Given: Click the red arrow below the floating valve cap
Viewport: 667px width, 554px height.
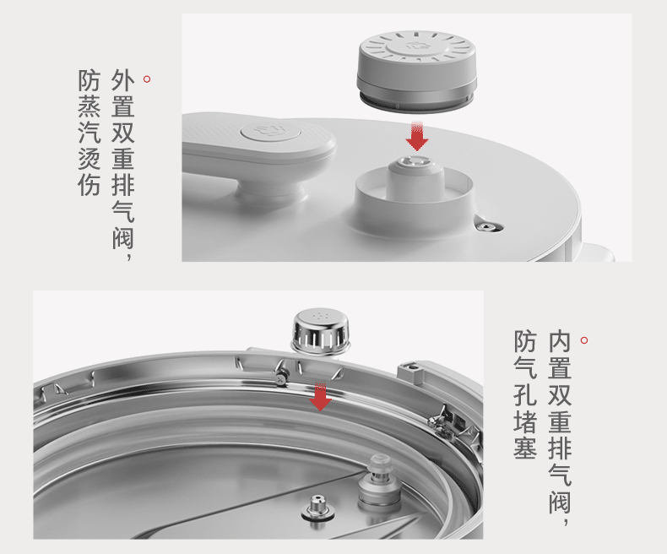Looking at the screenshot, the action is (x=417, y=136).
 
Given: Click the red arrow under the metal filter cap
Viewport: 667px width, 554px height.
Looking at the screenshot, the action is (x=320, y=397).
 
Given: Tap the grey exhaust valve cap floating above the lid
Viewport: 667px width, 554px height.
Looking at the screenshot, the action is (x=416, y=72).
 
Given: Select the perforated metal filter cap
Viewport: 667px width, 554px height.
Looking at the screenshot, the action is (x=321, y=331).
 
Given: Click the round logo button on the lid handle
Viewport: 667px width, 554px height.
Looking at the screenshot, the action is (x=271, y=131).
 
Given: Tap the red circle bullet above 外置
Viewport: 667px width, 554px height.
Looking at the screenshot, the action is (x=147, y=79).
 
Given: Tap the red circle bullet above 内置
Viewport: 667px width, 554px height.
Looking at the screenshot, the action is (x=584, y=340).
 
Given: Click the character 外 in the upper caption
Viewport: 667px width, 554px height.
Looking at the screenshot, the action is (x=123, y=80).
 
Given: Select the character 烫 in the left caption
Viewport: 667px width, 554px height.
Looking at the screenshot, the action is (x=89, y=159).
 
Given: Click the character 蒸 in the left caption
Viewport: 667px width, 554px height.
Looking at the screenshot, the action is (x=89, y=106).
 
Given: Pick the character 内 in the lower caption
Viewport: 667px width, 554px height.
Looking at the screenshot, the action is (x=560, y=341).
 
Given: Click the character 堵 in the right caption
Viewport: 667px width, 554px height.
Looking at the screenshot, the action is (x=525, y=420).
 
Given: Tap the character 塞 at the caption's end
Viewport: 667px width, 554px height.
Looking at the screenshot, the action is (x=525, y=447).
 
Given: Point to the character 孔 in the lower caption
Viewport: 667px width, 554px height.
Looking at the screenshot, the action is (x=525, y=394).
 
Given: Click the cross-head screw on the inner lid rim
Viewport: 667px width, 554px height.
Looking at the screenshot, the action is (x=280, y=377).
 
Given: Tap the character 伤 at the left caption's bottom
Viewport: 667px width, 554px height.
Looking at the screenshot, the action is (x=89, y=186).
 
